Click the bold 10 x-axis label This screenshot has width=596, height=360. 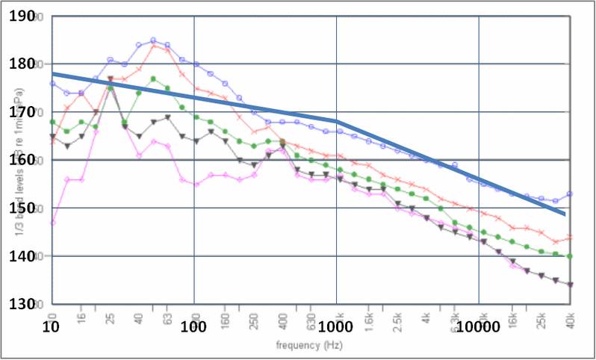(51, 327)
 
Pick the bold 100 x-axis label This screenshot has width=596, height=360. (193, 327)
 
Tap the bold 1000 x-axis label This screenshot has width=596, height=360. (335, 327)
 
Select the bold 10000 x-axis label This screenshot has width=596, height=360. (478, 327)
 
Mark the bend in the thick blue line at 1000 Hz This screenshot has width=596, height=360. (337, 121)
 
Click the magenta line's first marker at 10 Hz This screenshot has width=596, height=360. (52, 223)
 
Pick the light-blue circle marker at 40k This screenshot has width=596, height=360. (570, 194)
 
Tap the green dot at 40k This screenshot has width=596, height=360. (570, 256)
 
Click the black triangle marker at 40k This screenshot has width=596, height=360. (570, 285)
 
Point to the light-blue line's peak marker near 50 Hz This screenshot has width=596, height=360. (153, 40)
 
